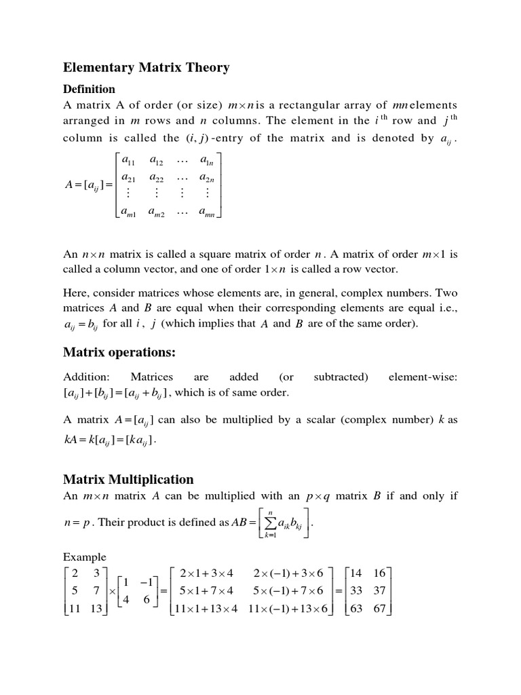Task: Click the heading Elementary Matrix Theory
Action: coord(146,67)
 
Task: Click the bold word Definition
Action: coord(89,89)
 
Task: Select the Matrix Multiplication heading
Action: coord(128,479)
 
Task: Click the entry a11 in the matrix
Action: coord(128,160)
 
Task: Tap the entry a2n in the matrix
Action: coord(207,177)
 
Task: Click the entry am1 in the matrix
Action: coord(129,213)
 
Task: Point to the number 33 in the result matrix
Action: coord(356,590)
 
